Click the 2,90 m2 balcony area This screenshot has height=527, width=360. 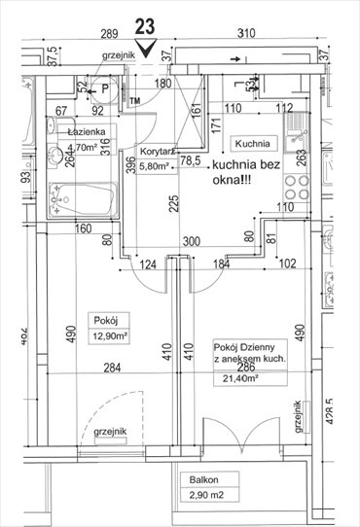pyautogui.click(x=207, y=498)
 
